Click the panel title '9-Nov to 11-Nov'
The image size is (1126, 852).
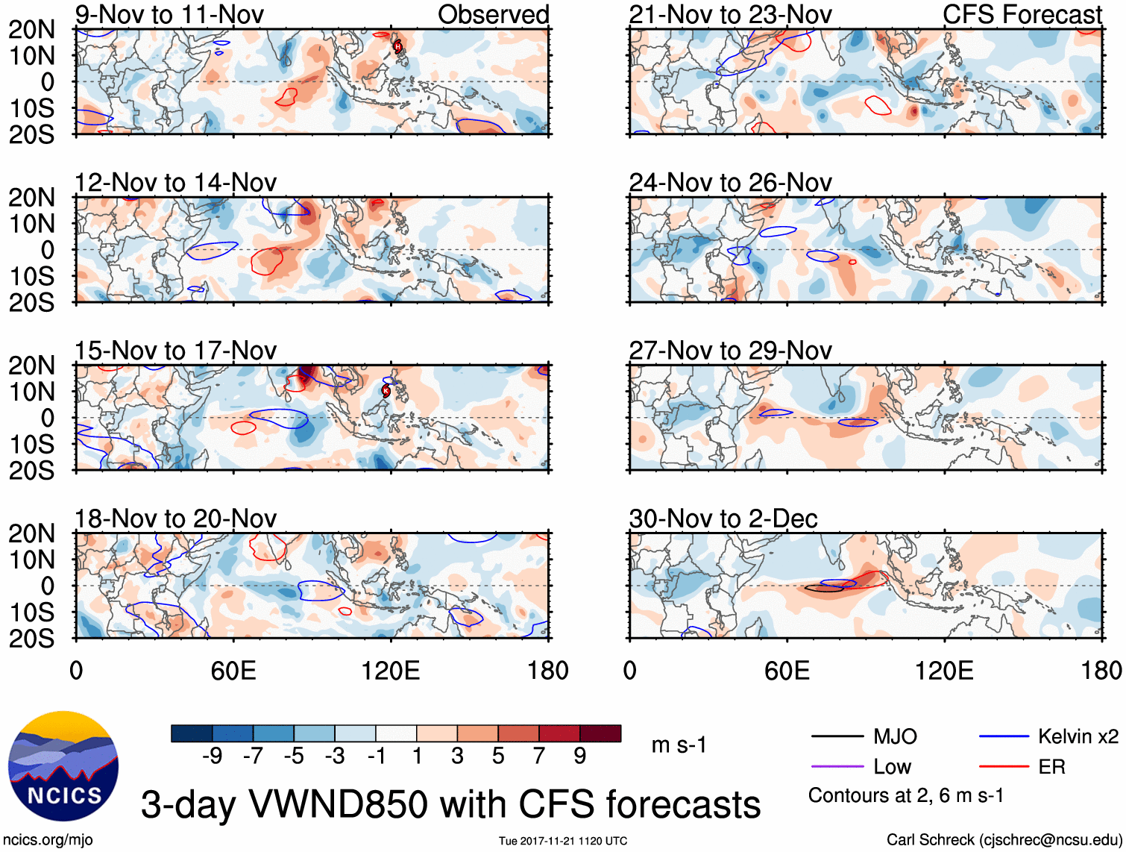pos(169,14)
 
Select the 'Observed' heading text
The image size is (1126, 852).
pos(493,14)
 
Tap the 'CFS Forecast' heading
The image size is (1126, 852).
pos(1022,14)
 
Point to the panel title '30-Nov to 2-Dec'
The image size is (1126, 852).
pos(723,519)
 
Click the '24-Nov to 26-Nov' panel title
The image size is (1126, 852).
pos(730,183)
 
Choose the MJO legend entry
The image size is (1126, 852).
pos(895,737)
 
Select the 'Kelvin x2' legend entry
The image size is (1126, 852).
pos(1078,737)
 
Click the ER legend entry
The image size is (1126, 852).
pos(1051,767)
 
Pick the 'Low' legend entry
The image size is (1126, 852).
pos(892,767)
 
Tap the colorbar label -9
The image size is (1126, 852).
pos(212,757)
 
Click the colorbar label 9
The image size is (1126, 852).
pos(580,757)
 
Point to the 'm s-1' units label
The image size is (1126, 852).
pos(679,745)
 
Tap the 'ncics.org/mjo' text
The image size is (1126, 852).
pos(48,840)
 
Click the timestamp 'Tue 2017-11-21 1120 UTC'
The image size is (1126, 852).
pos(563,841)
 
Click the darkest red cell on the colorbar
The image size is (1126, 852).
pos(600,733)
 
